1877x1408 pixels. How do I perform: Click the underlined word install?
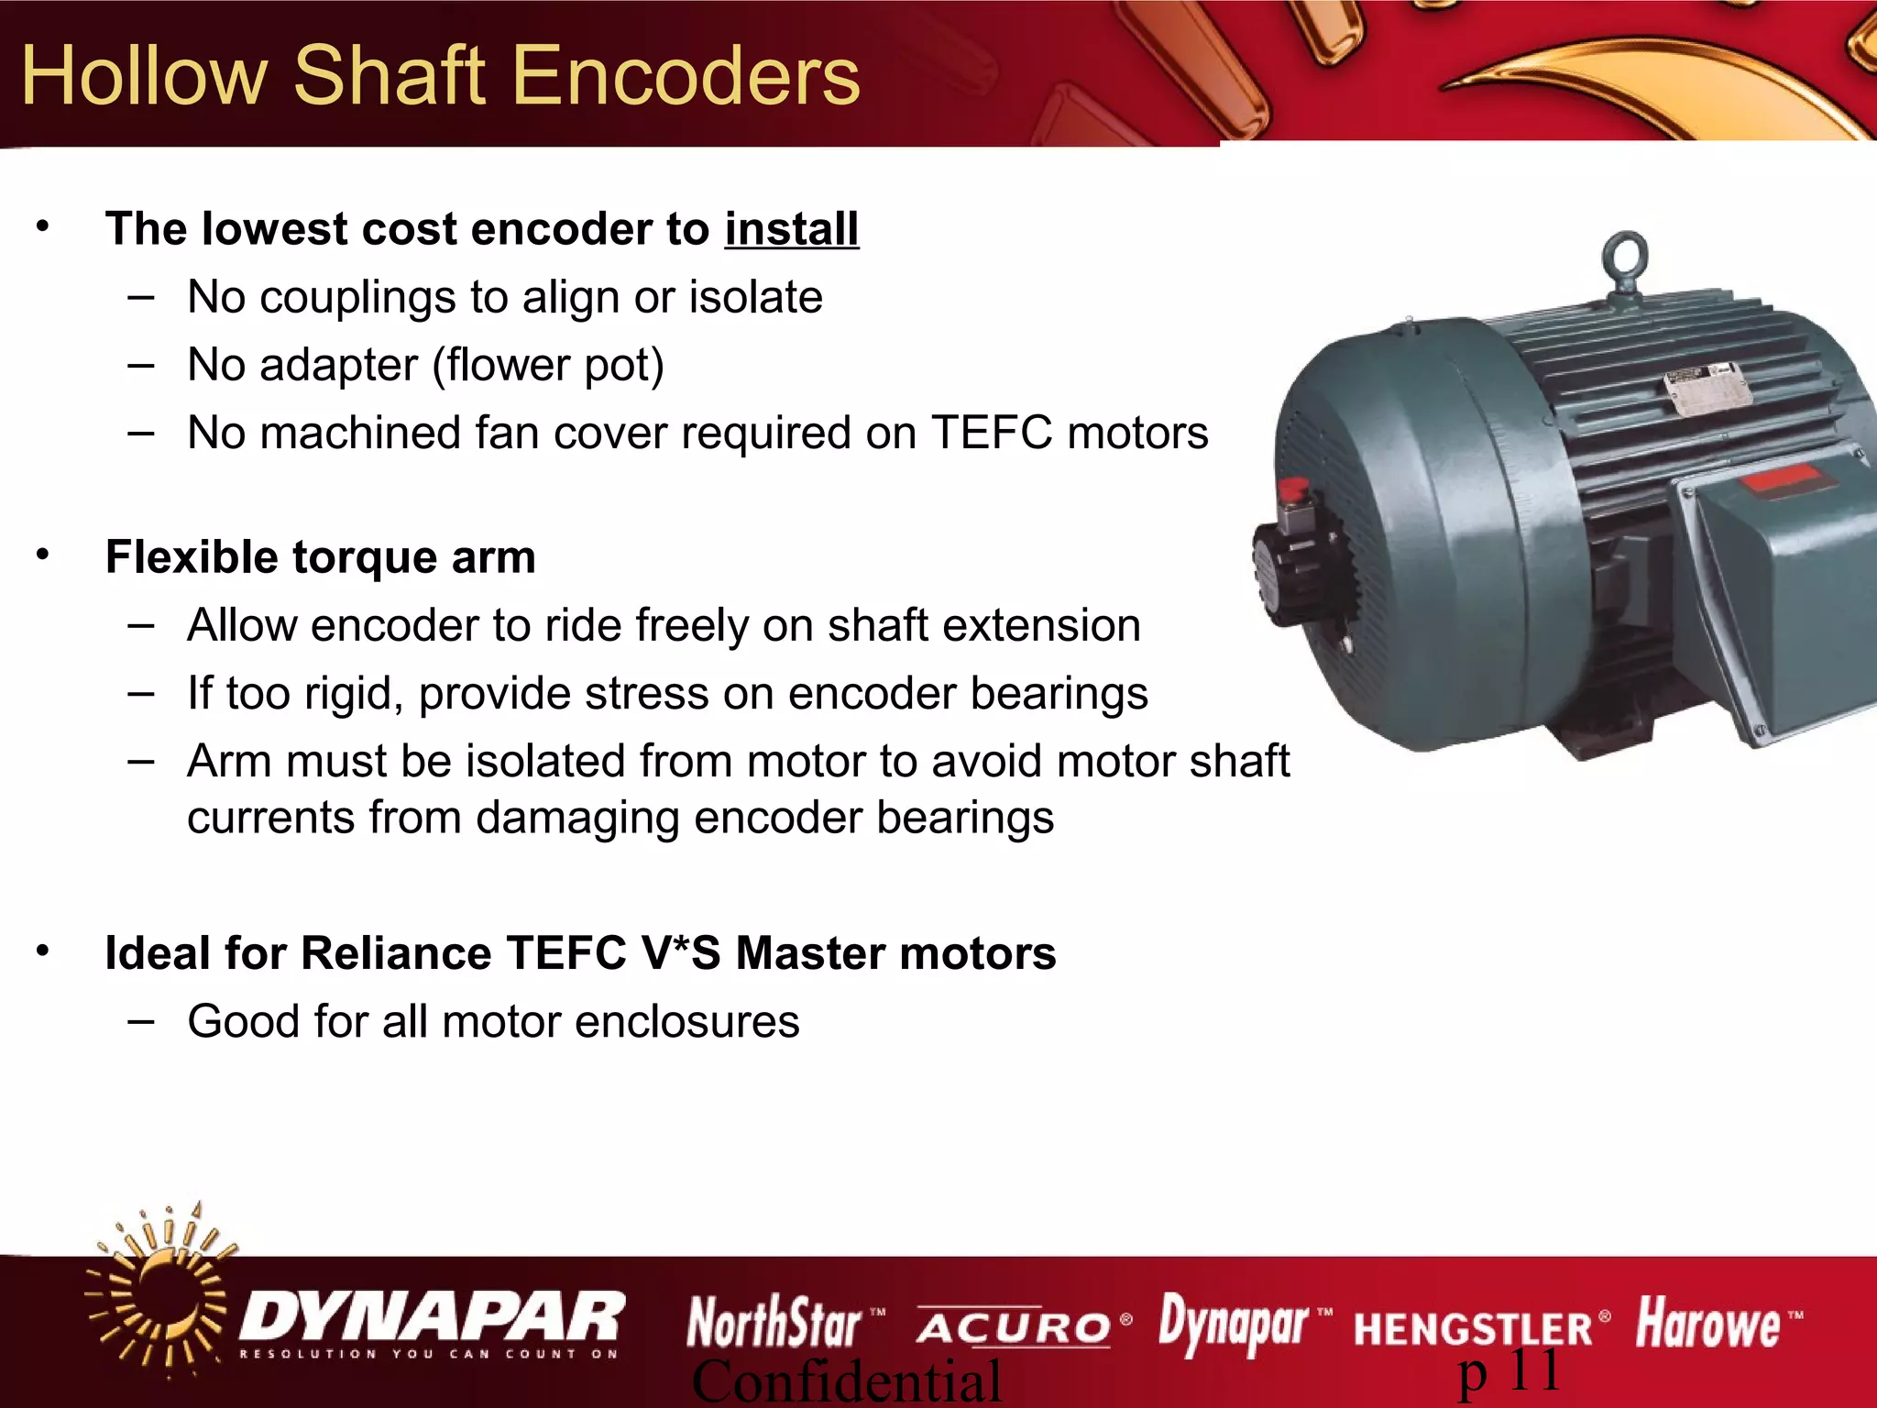click(x=791, y=228)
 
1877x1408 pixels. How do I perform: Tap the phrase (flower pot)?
click(x=547, y=365)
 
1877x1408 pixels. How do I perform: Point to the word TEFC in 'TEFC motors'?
click(x=992, y=433)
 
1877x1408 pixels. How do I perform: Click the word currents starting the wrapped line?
click(x=269, y=817)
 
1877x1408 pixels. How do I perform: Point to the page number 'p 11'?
click(x=1509, y=1372)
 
